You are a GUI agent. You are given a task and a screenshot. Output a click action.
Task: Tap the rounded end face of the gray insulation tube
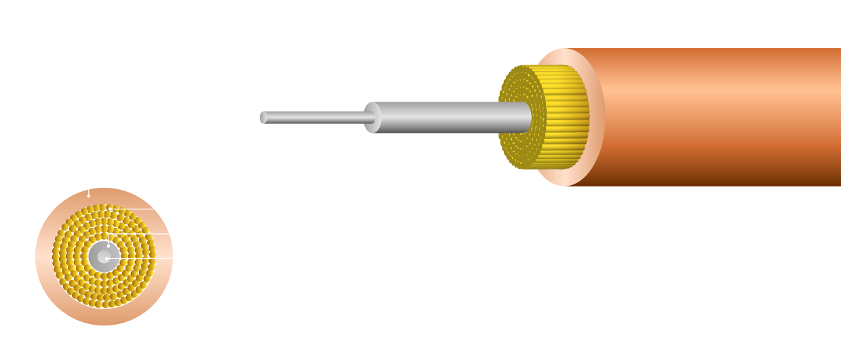click(x=372, y=117)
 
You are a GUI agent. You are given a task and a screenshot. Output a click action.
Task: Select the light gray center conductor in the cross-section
click(x=102, y=257)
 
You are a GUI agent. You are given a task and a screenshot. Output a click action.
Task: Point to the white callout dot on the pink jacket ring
click(x=89, y=195)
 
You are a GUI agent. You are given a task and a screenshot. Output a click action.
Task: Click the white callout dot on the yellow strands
click(x=111, y=208)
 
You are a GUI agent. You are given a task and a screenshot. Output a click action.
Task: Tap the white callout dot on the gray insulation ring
click(x=109, y=245)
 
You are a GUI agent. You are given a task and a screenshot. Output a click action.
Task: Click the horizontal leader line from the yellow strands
click(x=136, y=208)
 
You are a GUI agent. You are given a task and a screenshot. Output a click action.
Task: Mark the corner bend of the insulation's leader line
click(x=109, y=234)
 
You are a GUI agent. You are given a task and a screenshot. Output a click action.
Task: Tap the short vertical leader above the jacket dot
click(x=89, y=191)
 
